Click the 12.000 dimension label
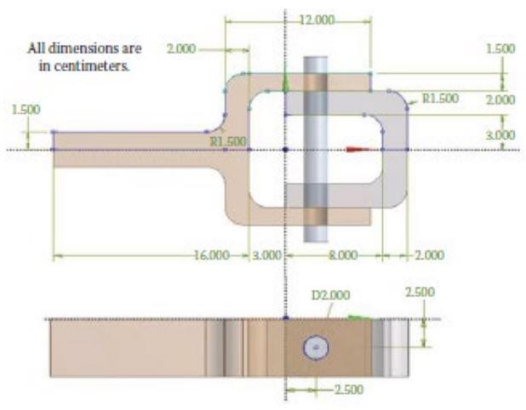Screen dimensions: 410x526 click(x=318, y=19)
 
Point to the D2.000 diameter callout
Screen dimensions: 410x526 click(x=329, y=295)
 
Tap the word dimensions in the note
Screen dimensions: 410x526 click(x=82, y=48)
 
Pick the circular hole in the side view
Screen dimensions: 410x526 click(x=316, y=347)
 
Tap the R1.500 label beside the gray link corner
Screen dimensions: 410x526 click(x=440, y=99)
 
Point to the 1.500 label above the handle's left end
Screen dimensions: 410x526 click(x=26, y=110)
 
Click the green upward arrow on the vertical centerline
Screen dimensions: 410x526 click(x=286, y=82)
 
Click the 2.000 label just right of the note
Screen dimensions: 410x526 click(x=181, y=49)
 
